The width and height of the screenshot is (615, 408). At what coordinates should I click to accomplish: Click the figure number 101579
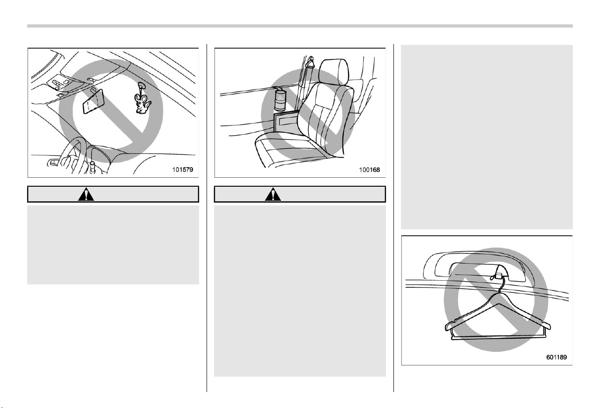pyautogui.click(x=183, y=170)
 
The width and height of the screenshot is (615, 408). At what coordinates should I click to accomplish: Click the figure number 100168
pyautogui.click(x=370, y=170)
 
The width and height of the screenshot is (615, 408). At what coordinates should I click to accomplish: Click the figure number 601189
pyautogui.click(x=556, y=357)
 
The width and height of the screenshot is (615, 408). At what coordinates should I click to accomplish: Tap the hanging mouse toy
pyautogui.click(x=142, y=103)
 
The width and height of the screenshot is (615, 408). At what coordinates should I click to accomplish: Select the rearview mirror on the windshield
pyautogui.click(x=94, y=101)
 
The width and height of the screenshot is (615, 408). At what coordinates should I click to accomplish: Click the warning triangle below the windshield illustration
pyautogui.click(x=86, y=194)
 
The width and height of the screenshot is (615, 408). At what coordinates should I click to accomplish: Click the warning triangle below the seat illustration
pyautogui.click(x=273, y=194)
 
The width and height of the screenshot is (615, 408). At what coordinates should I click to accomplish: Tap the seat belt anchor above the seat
pyautogui.click(x=311, y=63)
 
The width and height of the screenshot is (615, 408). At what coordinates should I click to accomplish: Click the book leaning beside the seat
pyautogui.click(x=286, y=122)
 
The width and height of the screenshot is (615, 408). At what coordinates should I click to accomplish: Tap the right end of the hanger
pyautogui.click(x=548, y=326)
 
